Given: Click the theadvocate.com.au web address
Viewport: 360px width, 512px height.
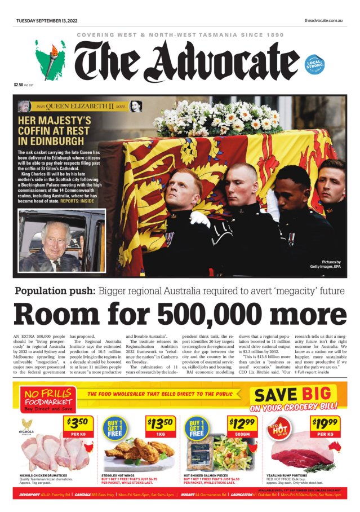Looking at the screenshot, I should pos(324,20).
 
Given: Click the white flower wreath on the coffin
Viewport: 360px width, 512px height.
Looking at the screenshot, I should pos(217,117).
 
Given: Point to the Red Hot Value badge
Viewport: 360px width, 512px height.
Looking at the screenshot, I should pos(279,431).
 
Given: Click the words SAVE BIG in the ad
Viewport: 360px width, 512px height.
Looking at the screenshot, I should pos(292,394).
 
